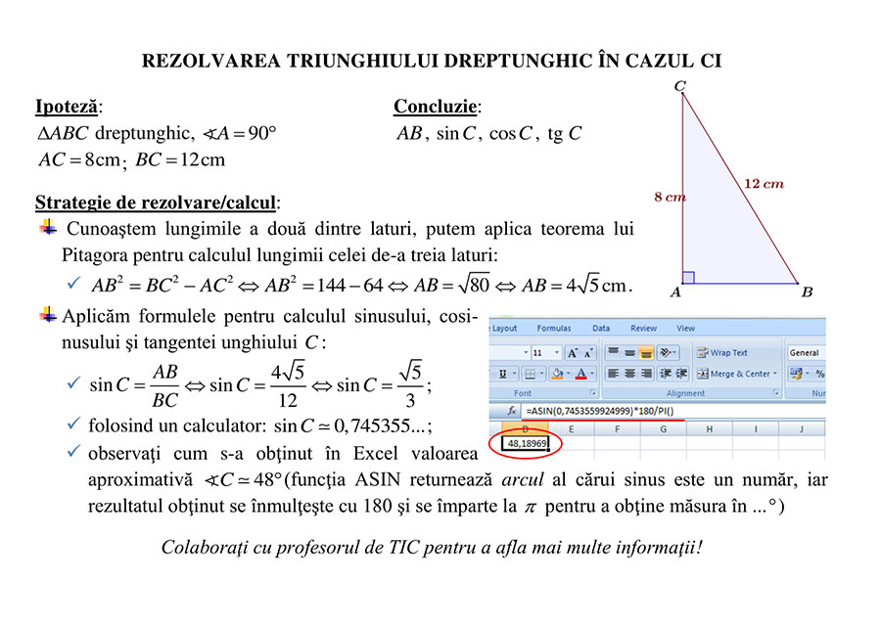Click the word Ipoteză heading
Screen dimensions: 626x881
click(67, 107)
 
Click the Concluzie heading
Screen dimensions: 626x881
click(436, 107)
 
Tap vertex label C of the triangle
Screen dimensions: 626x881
click(679, 87)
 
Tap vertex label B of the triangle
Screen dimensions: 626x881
click(807, 291)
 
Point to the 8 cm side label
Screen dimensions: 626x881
click(670, 198)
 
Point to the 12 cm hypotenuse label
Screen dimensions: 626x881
click(764, 183)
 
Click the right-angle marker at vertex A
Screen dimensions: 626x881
click(688, 278)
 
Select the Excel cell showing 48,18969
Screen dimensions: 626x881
click(528, 443)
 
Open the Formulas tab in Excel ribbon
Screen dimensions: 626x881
click(553, 329)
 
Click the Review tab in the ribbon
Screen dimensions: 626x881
click(643, 329)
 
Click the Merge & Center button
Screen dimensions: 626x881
click(734, 374)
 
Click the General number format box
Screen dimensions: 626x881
click(804, 352)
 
